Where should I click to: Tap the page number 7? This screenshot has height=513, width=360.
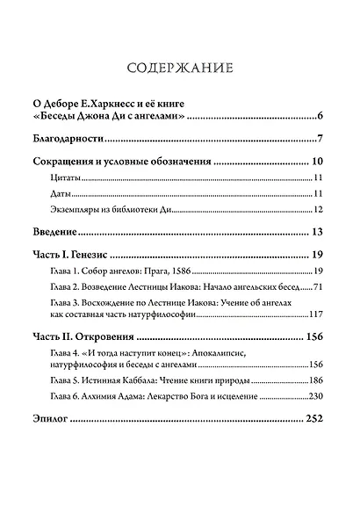(x=322, y=139)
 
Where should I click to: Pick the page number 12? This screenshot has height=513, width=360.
(x=320, y=209)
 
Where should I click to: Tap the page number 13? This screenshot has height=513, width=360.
(x=319, y=232)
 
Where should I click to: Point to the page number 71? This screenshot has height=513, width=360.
(x=320, y=286)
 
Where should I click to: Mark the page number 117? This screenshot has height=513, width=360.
(x=317, y=314)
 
